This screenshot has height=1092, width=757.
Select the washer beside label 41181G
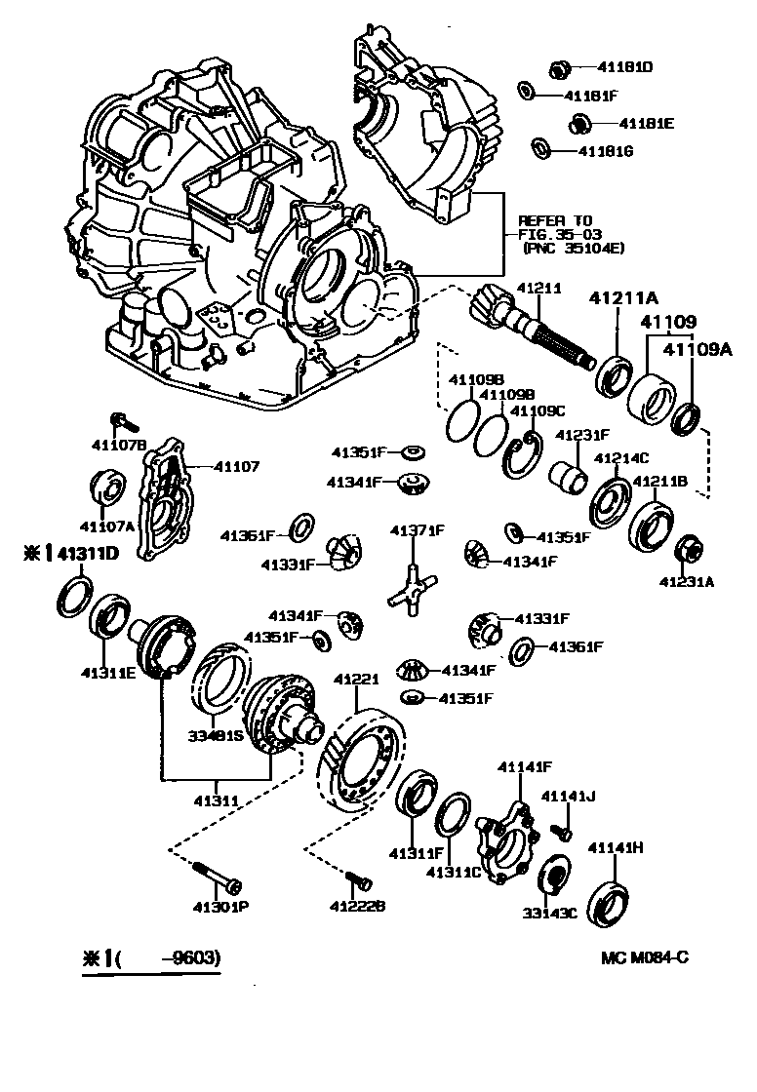point(538,148)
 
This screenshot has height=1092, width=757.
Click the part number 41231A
point(687,582)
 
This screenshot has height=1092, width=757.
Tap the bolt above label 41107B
point(124,421)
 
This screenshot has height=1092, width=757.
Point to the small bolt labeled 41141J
point(561,831)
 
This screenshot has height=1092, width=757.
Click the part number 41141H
point(616,848)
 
